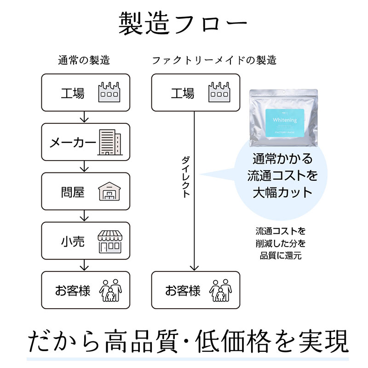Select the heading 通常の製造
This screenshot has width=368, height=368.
[84, 60]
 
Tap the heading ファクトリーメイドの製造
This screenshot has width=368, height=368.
[214, 60]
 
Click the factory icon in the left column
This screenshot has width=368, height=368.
[109, 92]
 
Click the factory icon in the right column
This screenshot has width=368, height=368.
[218, 92]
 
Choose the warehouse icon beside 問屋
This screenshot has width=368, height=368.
[109, 191]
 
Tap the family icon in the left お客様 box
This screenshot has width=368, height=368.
[109, 290]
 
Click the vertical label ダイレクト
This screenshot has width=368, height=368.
[185, 177]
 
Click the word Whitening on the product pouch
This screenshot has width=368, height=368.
[284, 120]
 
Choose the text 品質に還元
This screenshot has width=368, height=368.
[281, 256]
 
